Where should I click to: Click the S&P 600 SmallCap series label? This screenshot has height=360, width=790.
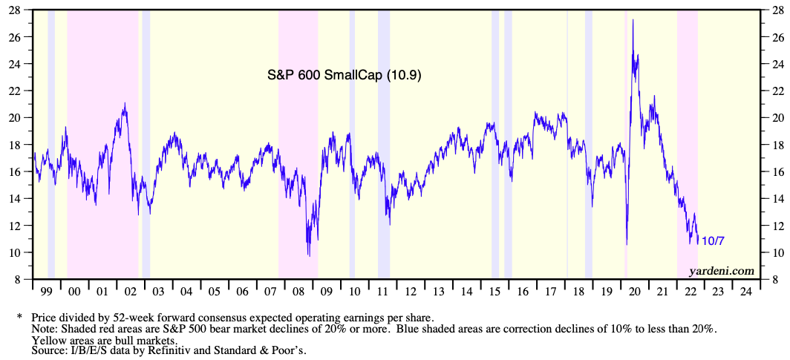345,75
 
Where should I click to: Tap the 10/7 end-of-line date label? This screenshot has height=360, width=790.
714,240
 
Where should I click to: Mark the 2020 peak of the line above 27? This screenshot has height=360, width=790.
633,20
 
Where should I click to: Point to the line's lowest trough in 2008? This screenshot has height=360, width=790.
309,256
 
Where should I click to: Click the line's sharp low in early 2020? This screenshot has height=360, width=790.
627,244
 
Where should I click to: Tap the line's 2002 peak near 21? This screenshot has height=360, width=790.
125,103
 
